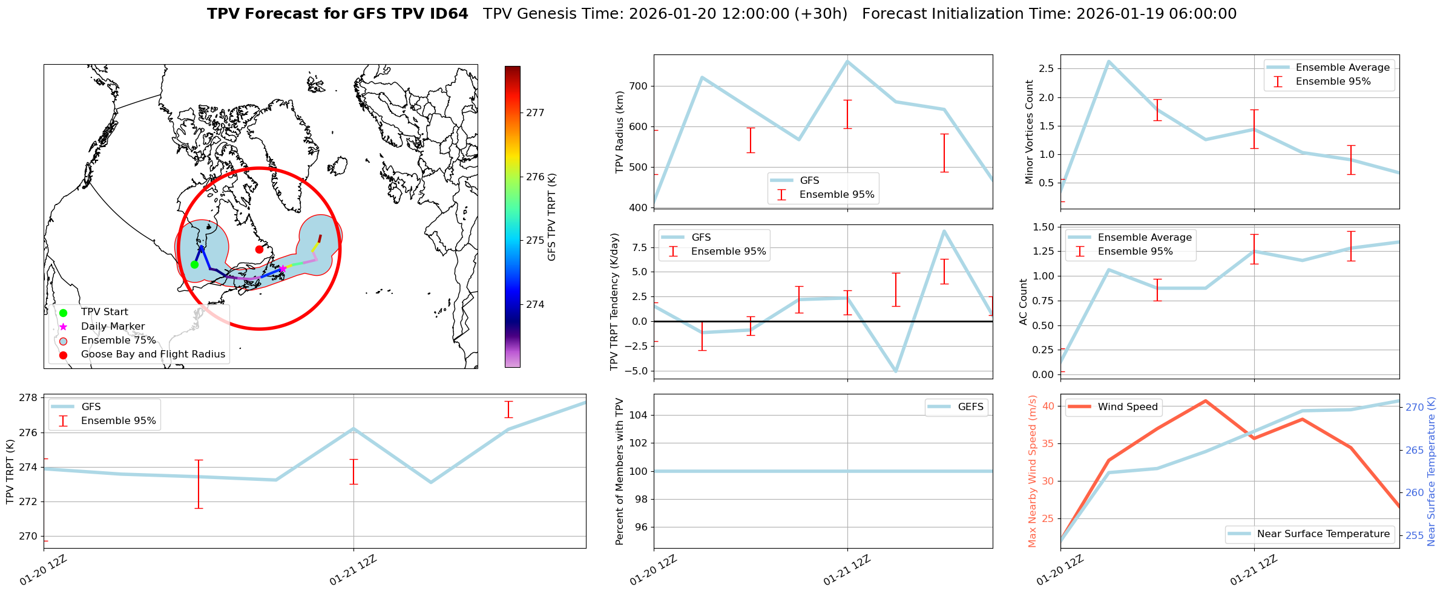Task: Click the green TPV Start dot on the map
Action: (194, 264)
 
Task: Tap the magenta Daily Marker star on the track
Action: (282, 269)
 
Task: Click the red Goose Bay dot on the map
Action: (259, 249)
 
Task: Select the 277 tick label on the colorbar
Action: (535, 113)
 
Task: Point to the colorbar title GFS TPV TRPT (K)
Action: (551, 217)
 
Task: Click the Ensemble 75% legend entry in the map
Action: (118, 341)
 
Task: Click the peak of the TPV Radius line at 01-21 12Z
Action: (847, 61)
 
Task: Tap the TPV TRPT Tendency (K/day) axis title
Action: (615, 301)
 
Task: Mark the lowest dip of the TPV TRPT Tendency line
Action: (896, 371)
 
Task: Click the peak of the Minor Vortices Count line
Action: (1108, 61)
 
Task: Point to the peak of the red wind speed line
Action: (1205, 400)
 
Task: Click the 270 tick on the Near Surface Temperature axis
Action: (1415, 407)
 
